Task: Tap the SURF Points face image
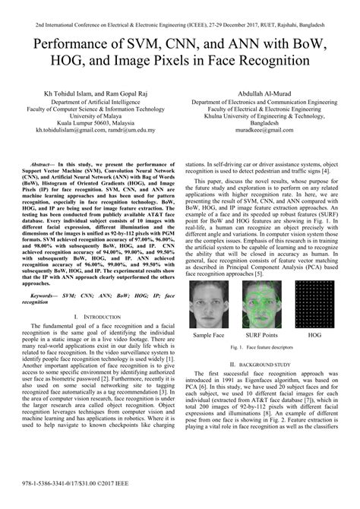click(260, 305)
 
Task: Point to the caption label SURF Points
click(260, 335)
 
